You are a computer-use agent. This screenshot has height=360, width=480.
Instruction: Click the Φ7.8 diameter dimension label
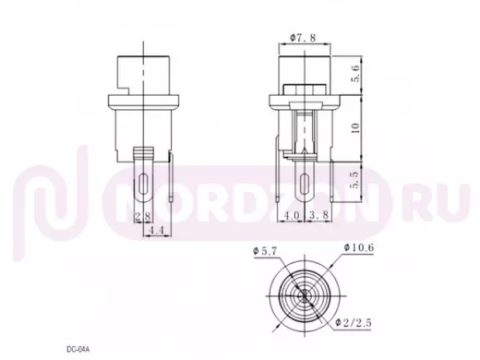tap(303, 38)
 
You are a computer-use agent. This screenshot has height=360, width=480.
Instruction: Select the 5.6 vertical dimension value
tap(355, 74)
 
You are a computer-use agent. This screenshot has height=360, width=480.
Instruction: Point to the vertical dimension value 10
tap(355, 127)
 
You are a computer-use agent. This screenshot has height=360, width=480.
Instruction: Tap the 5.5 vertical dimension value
tap(355, 180)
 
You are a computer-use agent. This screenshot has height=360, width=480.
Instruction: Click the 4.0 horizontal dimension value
tap(291, 215)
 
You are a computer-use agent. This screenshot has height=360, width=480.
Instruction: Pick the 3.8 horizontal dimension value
tap(318, 215)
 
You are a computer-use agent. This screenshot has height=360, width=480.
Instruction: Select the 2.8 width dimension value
tap(143, 216)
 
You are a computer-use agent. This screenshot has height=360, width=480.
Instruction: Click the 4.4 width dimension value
tap(157, 231)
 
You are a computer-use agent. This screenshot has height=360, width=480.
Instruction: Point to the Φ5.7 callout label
tap(265, 251)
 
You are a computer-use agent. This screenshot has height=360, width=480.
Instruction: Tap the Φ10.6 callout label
tap(359, 247)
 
